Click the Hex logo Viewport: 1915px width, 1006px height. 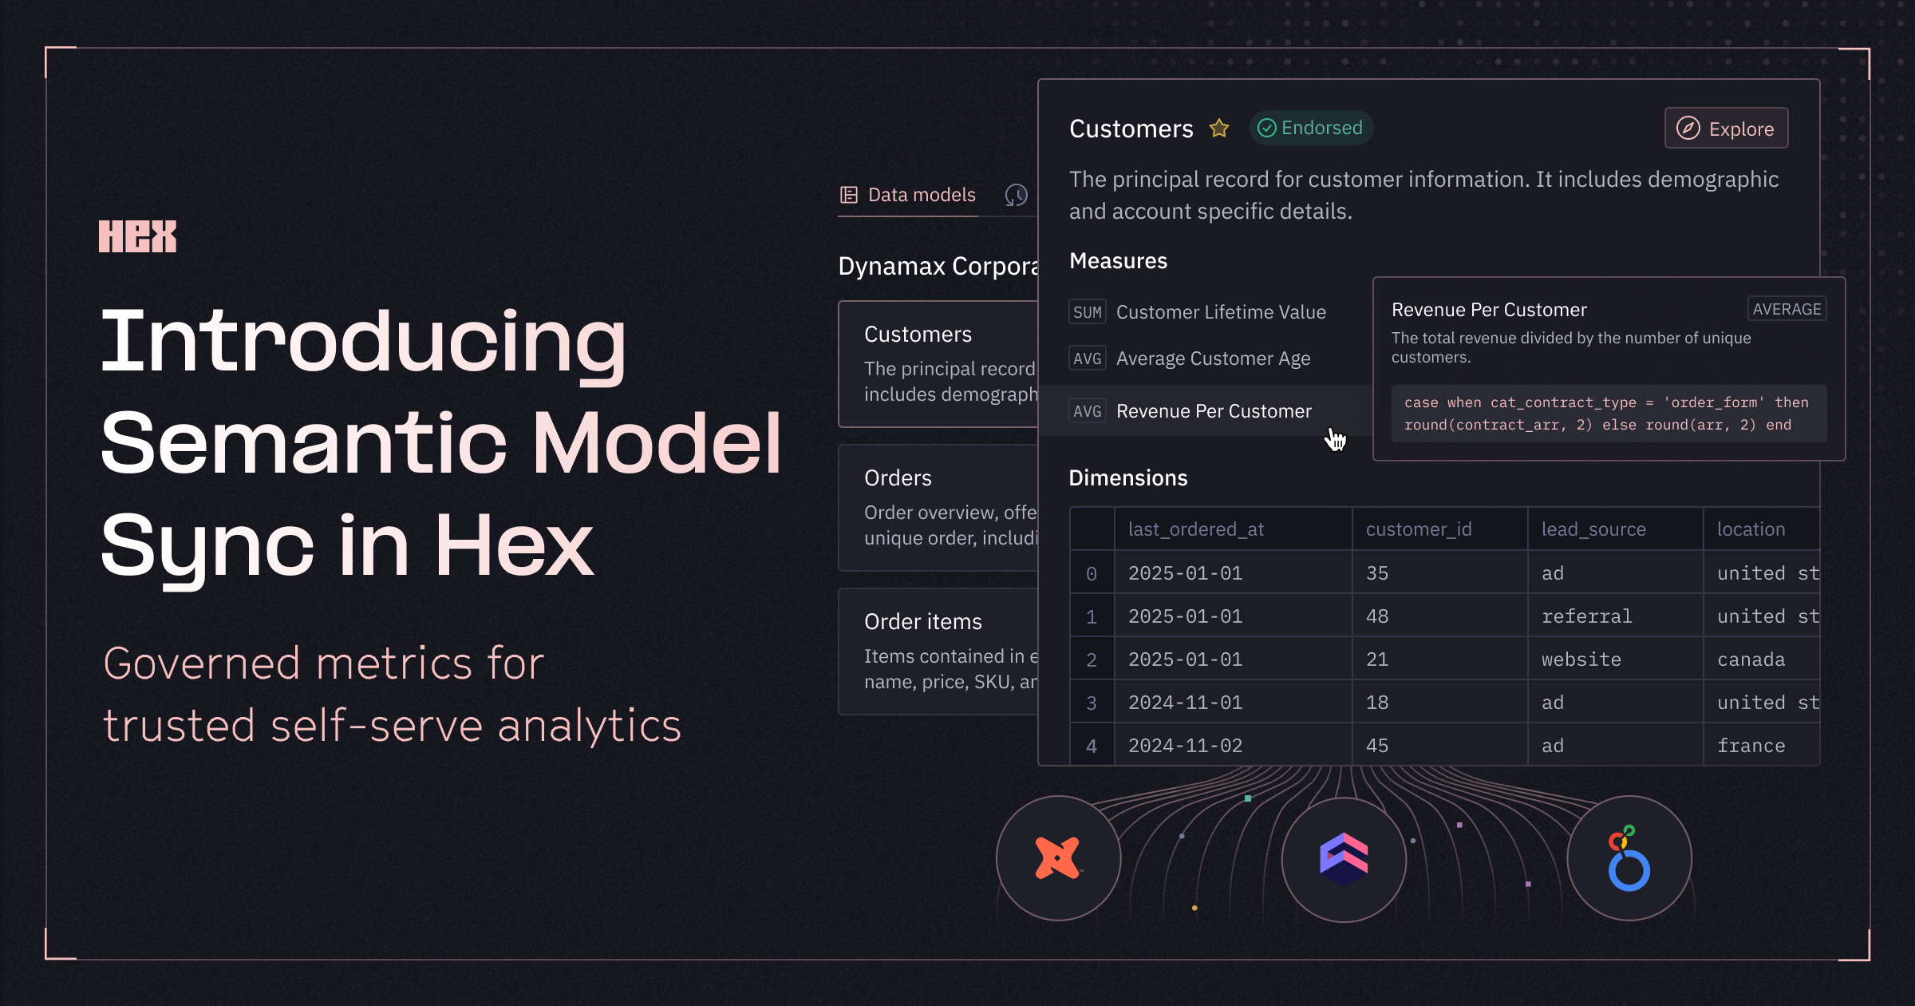137,236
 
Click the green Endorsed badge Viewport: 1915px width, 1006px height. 1311,128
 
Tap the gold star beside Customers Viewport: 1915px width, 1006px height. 1219,129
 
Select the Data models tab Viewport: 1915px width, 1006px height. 908,195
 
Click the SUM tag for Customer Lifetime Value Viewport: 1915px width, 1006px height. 1087,312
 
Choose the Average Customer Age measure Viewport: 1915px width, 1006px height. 1213,358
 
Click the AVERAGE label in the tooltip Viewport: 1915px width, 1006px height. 1787,309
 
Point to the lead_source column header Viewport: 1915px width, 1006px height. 1593,529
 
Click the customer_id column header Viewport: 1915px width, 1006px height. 1419,529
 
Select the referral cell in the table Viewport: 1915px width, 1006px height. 1586,616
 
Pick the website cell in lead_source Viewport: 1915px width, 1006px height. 1581,659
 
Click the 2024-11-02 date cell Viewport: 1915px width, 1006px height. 1186,746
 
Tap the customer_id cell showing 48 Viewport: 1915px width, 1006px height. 1377,616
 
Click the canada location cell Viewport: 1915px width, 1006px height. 1751,659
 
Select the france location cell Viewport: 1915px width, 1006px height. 1751,746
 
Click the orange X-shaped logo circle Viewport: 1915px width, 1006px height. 1058,858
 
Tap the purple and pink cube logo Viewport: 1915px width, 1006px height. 1344,859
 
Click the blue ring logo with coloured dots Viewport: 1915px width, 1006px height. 1629,859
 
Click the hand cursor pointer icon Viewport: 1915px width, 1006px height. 1335,438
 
